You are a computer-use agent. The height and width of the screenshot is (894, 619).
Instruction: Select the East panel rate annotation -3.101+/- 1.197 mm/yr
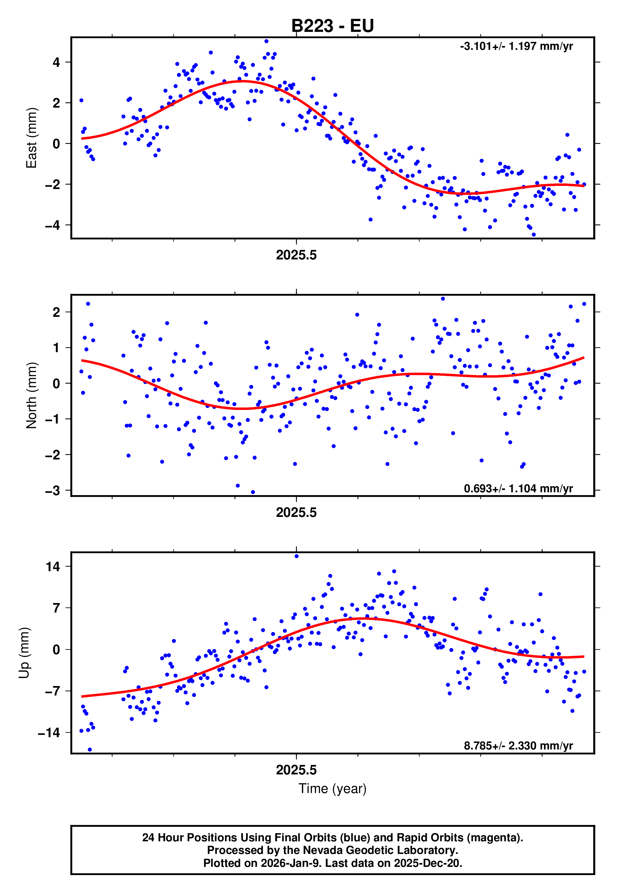(516, 46)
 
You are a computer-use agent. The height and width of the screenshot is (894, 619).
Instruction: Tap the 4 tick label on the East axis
(56, 62)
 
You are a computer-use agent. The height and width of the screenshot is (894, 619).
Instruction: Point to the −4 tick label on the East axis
(53, 225)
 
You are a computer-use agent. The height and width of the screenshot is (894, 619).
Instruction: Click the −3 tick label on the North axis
(53, 491)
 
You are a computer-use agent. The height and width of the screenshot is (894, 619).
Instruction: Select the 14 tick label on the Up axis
(53, 567)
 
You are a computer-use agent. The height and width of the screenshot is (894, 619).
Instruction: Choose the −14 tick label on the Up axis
(49, 733)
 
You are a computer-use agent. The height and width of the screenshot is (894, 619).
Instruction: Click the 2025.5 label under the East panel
(296, 255)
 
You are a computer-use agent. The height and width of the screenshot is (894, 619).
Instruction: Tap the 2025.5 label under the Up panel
(296, 770)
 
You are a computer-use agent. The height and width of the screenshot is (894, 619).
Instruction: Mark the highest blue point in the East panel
(266, 41)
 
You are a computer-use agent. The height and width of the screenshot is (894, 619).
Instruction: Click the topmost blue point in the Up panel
(297, 556)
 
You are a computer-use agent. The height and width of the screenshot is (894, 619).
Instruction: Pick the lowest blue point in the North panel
(253, 492)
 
